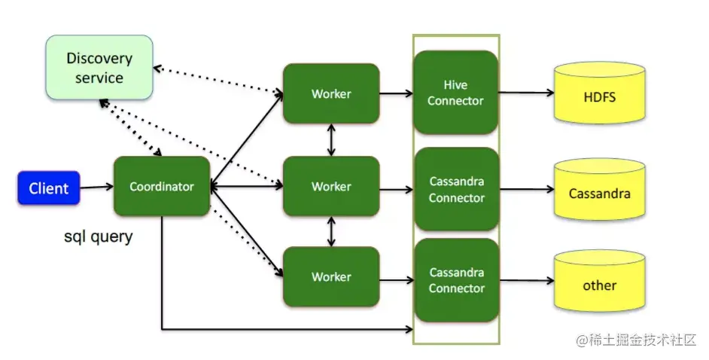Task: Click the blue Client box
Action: (x=49, y=188)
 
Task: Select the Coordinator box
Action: (x=162, y=186)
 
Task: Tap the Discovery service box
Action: (x=99, y=67)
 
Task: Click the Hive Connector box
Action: (x=456, y=93)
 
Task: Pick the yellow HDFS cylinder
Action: (x=600, y=93)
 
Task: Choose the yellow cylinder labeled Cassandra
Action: (x=600, y=189)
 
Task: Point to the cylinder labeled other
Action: (x=600, y=281)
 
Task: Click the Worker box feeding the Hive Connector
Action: (x=331, y=93)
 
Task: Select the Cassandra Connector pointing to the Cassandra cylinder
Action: (x=457, y=189)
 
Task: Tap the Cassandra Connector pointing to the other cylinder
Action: (x=457, y=280)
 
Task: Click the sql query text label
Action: (x=99, y=236)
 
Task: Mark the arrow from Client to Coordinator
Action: (x=97, y=187)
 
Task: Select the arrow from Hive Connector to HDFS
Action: (x=526, y=93)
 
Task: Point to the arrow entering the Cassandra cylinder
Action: (x=527, y=189)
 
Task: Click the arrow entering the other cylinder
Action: (x=527, y=281)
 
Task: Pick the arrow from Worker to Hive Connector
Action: (x=397, y=93)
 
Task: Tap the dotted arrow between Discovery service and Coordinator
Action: (x=130, y=128)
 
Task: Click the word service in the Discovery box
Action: (x=99, y=78)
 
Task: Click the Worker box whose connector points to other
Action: (x=331, y=277)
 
